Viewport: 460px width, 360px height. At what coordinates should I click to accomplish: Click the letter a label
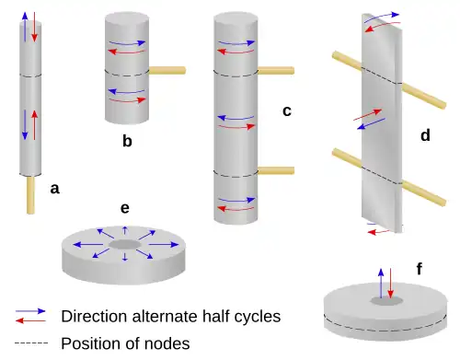pyautogui.click(x=54, y=189)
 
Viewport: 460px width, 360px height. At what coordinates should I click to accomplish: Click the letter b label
pyautogui.click(x=127, y=141)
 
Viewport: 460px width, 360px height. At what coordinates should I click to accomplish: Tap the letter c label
pyautogui.click(x=287, y=111)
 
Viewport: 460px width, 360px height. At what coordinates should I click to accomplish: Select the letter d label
pyautogui.click(x=424, y=136)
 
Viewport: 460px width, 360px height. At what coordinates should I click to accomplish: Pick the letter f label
pyautogui.click(x=420, y=270)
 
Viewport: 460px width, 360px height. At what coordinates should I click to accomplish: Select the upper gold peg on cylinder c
pyautogui.click(x=275, y=70)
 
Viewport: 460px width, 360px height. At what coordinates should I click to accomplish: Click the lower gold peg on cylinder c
pyautogui.click(x=275, y=168)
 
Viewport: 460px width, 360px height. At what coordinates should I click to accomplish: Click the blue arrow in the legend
pyautogui.click(x=31, y=310)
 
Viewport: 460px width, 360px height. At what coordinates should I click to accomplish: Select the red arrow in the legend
pyautogui.click(x=31, y=320)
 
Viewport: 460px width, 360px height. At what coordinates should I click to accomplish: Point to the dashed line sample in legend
pyautogui.click(x=31, y=343)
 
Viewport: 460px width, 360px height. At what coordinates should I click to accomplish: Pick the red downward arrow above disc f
pyautogui.click(x=391, y=283)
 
